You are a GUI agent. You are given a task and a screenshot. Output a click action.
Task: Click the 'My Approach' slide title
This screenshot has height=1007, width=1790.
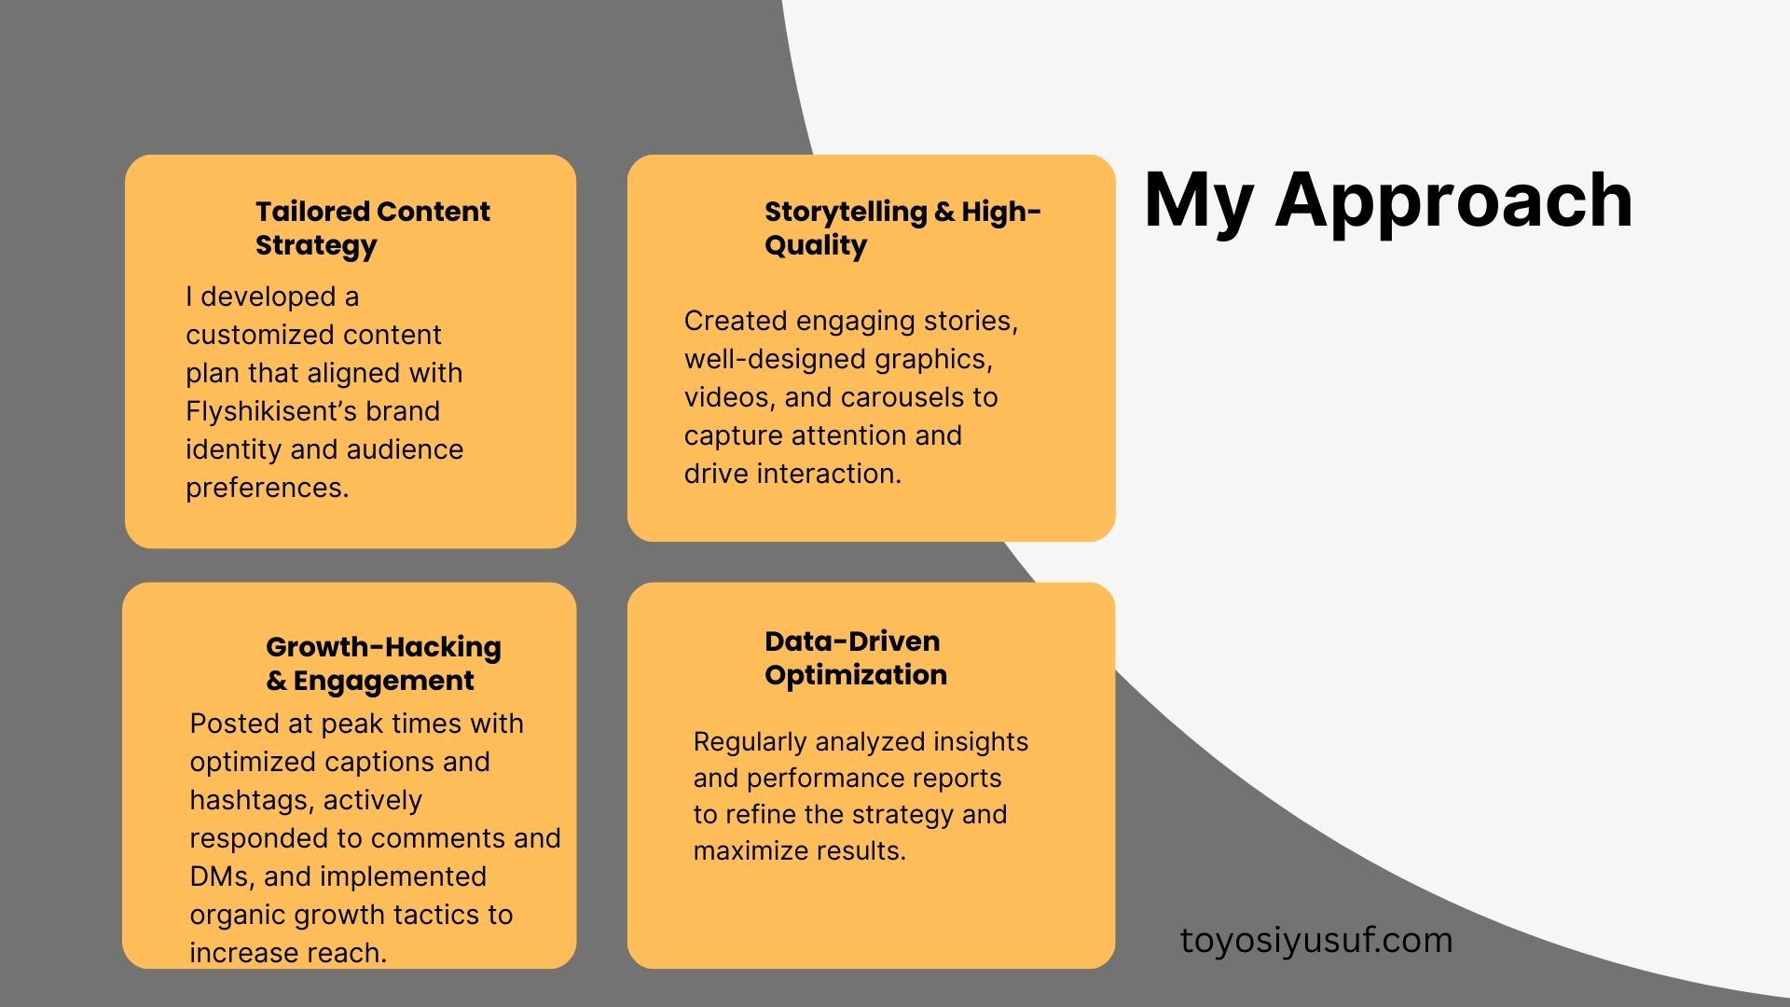(x=1388, y=200)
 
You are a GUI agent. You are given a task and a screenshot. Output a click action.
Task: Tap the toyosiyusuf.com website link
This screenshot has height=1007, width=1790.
(x=1316, y=940)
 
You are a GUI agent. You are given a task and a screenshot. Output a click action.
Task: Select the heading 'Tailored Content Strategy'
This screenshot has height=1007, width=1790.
(x=372, y=228)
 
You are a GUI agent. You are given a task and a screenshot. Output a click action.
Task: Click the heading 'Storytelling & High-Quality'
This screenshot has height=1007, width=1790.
(x=902, y=228)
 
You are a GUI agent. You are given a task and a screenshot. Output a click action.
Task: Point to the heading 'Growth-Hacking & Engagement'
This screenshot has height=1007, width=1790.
(x=383, y=663)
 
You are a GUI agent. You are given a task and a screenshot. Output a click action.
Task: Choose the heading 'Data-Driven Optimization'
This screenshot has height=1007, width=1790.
(x=856, y=657)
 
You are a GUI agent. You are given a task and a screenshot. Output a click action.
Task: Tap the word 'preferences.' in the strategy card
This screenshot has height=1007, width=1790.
(x=268, y=488)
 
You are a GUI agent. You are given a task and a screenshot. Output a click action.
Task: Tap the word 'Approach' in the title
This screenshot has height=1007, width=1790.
(x=1454, y=200)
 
